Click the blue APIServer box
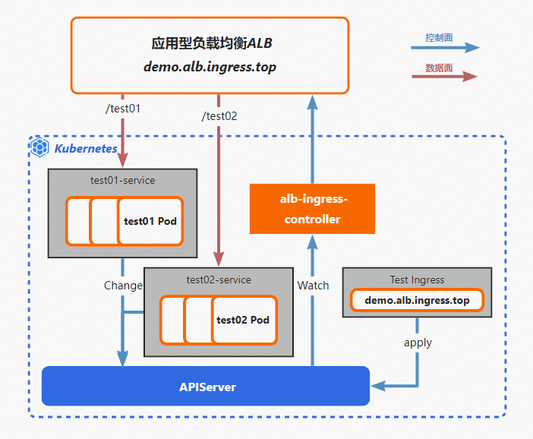click(x=206, y=387)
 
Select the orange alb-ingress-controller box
click(x=312, y=209)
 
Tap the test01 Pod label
click(x=150, y=222)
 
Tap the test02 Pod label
click(x=243, y=320)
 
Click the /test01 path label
click(x=123, y=109)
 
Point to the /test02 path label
click(x=219, y=116)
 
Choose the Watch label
click(x=313, y=286)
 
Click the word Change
click(x=123, y=286)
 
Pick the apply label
click(x=418, y=343)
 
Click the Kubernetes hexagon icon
click(x=39, y=147)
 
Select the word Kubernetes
click(x=86, y=147)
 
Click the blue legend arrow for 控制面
click(x=445, y=48)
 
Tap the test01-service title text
click(x=122, y=181)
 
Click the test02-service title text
click(x=219, y=280)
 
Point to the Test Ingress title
click(x=417, y=280)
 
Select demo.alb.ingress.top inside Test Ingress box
click(x=417, y=301)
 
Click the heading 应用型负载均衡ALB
click(x=210, y=43)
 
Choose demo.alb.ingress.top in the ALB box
click(x=210, y=67)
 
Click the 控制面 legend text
click(x=440, y=37)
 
